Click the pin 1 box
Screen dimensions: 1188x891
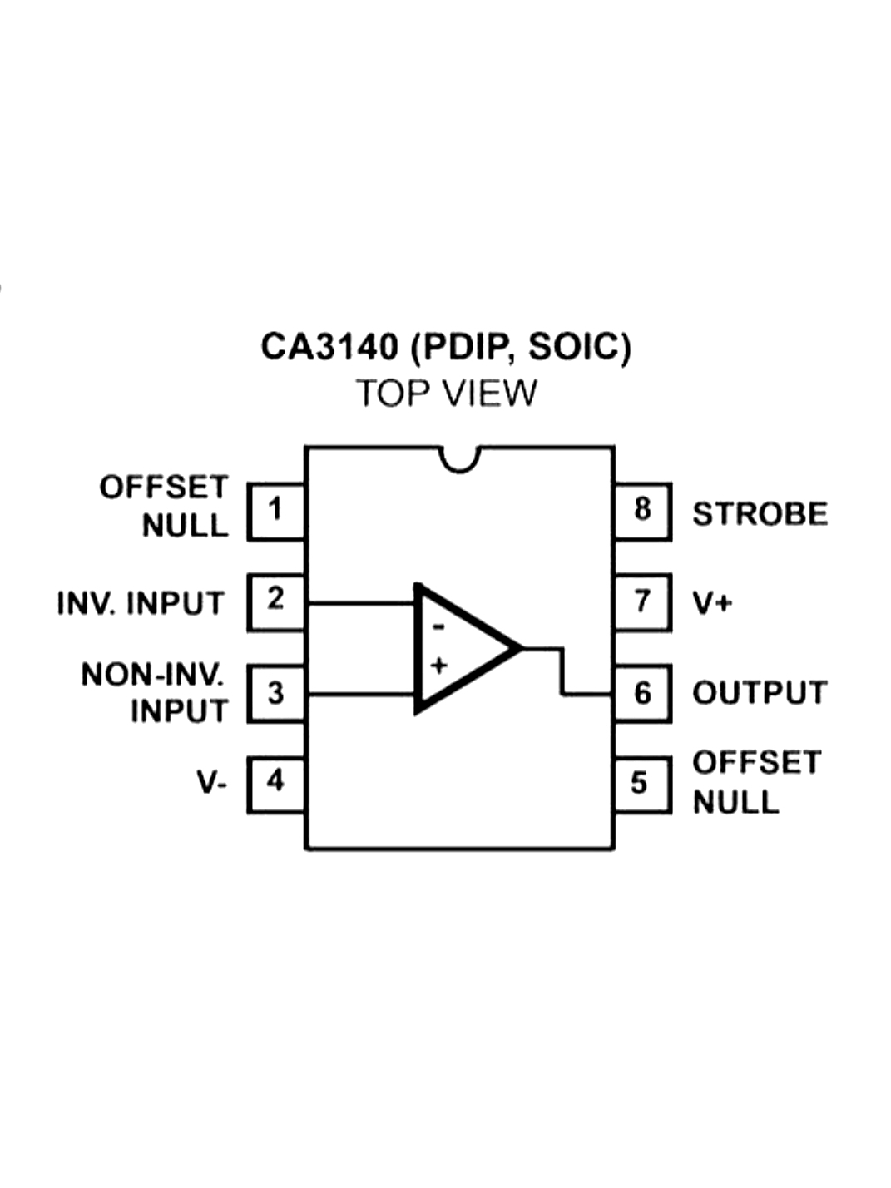[x=276, y=510]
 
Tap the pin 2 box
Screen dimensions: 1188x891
[x=276, y=600]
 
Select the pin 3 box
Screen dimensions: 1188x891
[x=276, y=693]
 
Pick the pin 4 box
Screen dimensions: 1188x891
[x=276, y=782]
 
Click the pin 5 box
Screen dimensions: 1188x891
[x=641, y=784]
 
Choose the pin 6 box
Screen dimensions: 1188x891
[x=641, y=693]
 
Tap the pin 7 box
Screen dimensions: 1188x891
[x=641, y=601]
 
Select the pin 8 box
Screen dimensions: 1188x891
[x=641, y=510]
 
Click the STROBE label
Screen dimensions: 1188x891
[x=760, y=514]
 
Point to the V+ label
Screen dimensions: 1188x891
[x=712, y=602]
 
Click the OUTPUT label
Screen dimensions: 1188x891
[x=760, y=693]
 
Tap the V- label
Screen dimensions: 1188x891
[x=211, y=783]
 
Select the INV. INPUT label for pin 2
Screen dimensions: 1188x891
[x=141, y=603]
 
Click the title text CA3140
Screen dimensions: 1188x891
[x=329, y=347]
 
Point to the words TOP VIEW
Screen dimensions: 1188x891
[x=447, y=394]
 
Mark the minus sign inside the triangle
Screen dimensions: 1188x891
[x=438, y=626]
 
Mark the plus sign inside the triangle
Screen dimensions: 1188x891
[x=438, y=666]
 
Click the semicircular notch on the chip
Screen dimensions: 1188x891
[x=460, y=458]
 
